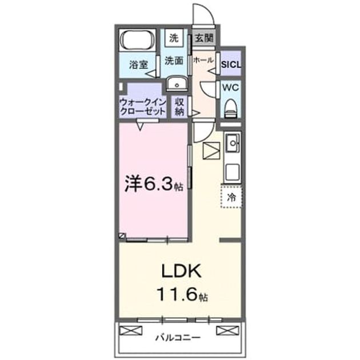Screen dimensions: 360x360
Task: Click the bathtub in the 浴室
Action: (137, 40)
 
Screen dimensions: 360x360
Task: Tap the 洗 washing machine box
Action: (174, 37)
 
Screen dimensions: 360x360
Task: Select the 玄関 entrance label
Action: (204, 38)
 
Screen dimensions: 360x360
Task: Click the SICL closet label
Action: (231, 65)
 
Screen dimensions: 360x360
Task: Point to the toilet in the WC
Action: (231, 109)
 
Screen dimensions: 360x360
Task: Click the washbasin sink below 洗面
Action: (177, 84)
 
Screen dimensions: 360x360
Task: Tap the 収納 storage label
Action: (179, 107)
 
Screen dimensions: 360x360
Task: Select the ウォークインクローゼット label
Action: (143, 107)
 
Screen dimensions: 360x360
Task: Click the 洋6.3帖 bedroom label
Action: (154, 184)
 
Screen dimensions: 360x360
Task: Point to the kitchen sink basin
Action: (233, 143)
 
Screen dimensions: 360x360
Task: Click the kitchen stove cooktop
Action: (233, 172)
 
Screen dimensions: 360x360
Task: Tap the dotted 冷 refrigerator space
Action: (231, 197)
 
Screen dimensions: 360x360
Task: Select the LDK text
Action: (182, 271)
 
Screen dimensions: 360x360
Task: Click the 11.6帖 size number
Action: (182, 294)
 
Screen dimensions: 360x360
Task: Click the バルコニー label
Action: (178, 338)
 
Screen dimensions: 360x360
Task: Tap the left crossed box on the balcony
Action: (131, 331)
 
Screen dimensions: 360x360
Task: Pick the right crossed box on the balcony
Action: (228, 331)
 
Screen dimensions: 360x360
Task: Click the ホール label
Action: (203, 60)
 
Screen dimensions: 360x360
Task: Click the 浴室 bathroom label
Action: (138, 65)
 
